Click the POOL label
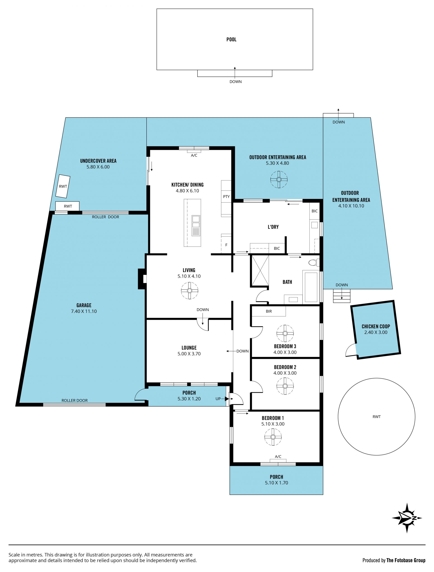tap(231, 40)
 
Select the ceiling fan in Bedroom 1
tap(273, 437)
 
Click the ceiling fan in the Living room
tap(190, 291)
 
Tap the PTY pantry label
tap(226, 197)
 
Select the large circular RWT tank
tap(376, 417)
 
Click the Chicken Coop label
tap(376, 326)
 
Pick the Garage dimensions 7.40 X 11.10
tap(84, 311)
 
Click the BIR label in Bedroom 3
tap(269, 311)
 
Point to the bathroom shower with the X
tap(260, 270)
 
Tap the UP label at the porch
tap(218, 399)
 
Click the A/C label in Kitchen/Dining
tap(194, 156)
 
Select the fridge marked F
tap(226, 243)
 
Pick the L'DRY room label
tap(273, 227)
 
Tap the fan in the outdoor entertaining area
tap(279, 179)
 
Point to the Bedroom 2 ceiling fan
tap(285, 386)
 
